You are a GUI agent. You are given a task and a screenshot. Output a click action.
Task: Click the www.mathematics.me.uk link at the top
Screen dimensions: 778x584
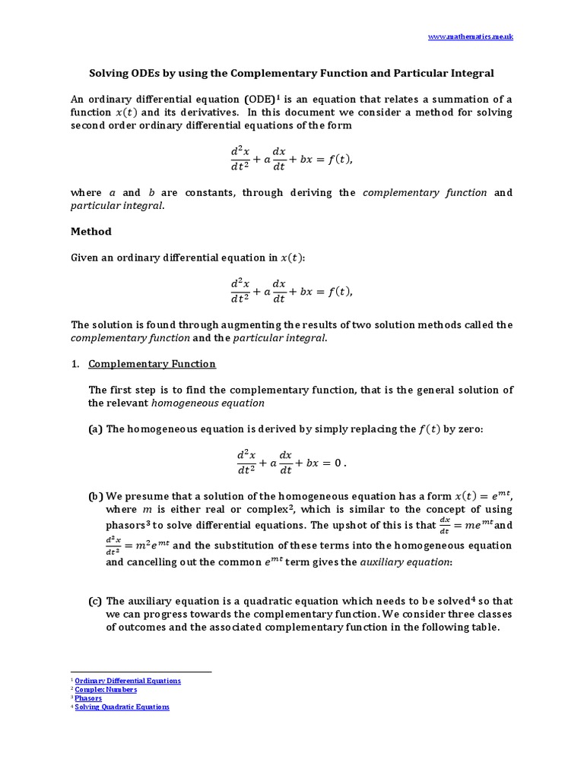[x=471, y=37]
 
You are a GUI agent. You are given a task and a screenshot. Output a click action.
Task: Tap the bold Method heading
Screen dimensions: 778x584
[x=91, y=231]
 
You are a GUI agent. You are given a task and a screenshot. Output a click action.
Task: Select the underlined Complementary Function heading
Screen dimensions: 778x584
[x=152, y=364]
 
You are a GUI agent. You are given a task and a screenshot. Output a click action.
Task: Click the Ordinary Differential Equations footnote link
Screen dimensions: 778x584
[x=128, y=681]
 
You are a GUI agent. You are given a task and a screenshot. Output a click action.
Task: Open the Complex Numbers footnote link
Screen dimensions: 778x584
[x=106, y=689]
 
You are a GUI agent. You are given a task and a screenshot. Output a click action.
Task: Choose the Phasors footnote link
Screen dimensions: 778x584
[x=87, y=697]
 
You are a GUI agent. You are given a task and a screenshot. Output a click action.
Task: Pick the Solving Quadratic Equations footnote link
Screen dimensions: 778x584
[x=122, y=707]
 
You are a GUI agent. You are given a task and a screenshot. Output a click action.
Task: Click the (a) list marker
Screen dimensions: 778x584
[x=95, y=429]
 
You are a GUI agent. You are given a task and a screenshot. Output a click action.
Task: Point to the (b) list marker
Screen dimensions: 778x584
[x=95, y=496]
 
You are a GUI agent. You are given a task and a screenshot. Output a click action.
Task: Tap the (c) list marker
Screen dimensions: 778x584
[x=95, y=601]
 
